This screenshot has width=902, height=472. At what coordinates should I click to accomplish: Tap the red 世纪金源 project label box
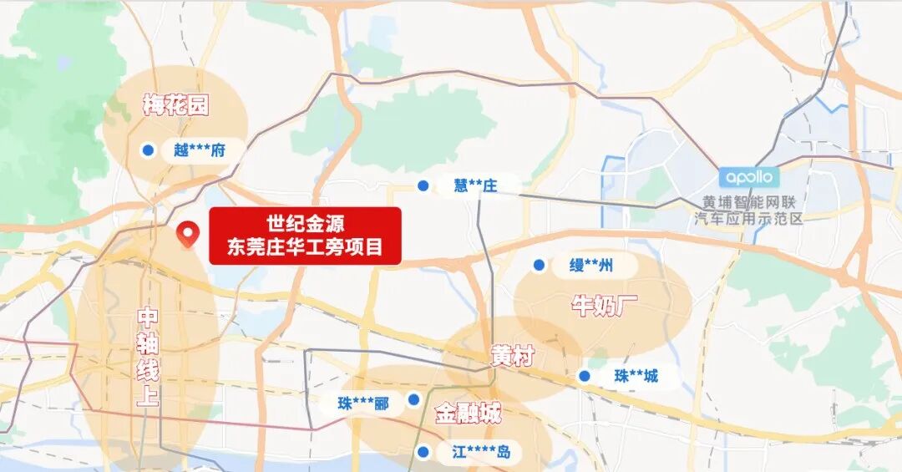305,236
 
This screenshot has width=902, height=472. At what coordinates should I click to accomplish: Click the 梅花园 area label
175,105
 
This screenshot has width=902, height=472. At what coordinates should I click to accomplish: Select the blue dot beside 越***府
148,150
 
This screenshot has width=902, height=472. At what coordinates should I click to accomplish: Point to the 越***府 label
200,150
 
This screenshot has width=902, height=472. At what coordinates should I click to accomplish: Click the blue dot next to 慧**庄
423,185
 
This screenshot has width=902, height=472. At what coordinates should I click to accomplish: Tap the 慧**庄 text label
475,185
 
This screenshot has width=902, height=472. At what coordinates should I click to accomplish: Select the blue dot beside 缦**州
540,266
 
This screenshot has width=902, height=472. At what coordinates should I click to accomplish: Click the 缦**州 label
591,266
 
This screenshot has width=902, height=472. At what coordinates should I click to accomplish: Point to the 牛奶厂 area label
604,305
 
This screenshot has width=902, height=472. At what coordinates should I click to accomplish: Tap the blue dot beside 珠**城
585,376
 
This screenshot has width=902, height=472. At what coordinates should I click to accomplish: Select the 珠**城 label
636,376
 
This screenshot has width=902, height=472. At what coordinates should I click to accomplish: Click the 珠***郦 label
363,403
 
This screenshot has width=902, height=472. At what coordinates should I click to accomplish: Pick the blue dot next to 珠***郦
413,400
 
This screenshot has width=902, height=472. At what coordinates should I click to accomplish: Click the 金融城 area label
468,413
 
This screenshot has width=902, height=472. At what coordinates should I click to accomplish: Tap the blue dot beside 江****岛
423,453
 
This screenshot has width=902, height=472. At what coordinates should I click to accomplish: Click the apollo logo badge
749,177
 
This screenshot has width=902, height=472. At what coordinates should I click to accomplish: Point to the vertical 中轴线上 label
147,357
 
